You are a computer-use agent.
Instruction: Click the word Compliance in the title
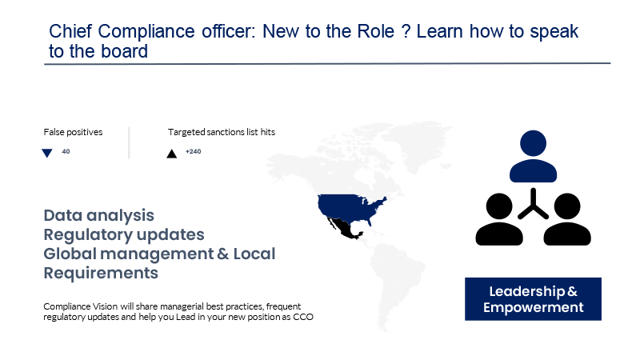pos(146,32)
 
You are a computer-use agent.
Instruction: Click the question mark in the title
pos(406,31)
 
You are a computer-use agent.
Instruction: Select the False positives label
pos(73,132)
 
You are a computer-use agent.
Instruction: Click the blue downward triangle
pos(47,153)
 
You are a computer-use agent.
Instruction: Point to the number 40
pos(66,151)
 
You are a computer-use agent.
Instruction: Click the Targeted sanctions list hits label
pos(222,132)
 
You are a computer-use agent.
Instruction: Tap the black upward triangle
pos(171,154)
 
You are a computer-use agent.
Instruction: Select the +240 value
pos(193,151)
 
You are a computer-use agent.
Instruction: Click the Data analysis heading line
pos(98,215)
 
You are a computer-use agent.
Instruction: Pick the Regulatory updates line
pos(124,234)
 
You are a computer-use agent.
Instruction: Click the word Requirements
pos(101,273)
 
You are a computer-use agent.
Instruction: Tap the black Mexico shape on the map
pos(345,229)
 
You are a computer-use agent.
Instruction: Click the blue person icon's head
pos(533,143)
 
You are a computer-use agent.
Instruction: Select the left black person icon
pos(499,219)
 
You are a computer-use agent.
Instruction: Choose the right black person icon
pos(567,219)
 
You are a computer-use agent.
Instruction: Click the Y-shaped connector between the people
pos(533,205)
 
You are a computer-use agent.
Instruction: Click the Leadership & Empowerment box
pos(533,299)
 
